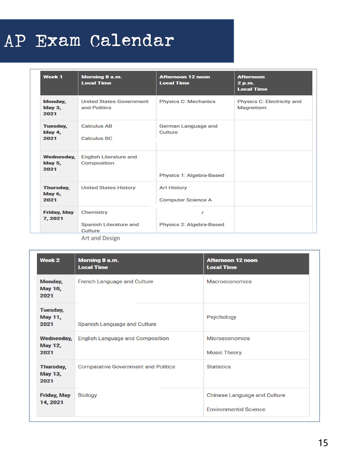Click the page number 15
point(323,443)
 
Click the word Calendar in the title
point(132,41)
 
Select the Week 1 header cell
point(53,77)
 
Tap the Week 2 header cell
point(50,260)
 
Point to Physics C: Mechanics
point(187,101)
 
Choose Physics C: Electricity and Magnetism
point(269,105)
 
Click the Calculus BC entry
point(97,139)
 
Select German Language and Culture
point(188,129)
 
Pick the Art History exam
point(173,188)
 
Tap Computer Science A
point(185,200)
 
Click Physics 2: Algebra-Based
point(192,224)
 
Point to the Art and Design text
point(100,238)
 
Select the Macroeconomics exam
point(229,281)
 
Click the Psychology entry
point(221,317)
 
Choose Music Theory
point(224,353)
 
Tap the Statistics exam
point(218,367)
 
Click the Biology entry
point(87,395)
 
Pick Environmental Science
point(236,409)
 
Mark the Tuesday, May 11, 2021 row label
point(52,317)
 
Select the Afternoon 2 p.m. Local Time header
point(252,83)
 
